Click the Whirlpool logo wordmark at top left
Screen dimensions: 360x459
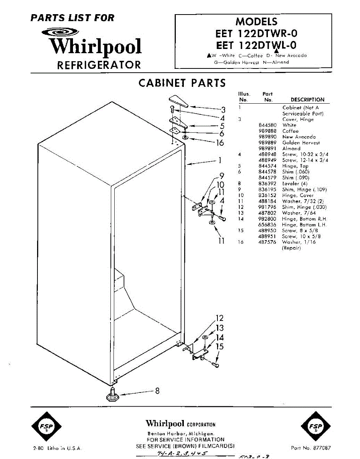point(96,47)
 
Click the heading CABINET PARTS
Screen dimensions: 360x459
point(182,83)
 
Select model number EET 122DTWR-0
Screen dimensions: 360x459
point(256,34)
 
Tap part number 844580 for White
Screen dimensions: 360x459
point(268,125)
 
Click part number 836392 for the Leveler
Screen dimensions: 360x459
point(268,184)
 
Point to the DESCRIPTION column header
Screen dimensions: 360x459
point(307,99)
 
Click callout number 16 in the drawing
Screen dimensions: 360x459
point(220,143)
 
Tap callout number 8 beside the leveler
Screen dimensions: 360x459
point(157,391)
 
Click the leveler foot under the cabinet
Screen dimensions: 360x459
point(113,395)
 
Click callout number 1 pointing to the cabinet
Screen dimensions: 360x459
point(220,160)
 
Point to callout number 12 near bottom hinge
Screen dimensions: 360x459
point(219,318)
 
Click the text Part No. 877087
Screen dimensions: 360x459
point(311,448)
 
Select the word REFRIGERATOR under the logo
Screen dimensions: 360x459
point(99,65)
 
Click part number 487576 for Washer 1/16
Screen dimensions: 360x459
point(268,242)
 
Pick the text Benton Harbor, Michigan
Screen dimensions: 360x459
point(181,433)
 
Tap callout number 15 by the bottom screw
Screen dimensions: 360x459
point(220,347)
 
